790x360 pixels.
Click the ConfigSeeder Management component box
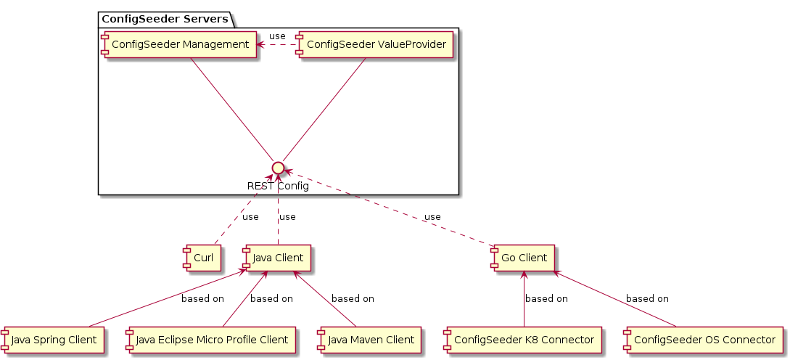(x=178, y=45)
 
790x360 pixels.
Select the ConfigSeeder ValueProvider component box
(x=376, y=45)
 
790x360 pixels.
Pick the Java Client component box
(x=278, y=257)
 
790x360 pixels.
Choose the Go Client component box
(x=522, y=257)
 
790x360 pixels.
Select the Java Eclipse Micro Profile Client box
(x=210, y=339)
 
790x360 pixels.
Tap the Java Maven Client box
(x=369, y=339)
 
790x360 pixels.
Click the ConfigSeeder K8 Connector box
(x=523, y=339)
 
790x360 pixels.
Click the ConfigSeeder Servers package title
(x=164, y=18)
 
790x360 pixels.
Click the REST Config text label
(x=278, y=186)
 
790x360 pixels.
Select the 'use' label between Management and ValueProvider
(x=277, y=36)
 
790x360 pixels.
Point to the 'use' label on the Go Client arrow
(x=432, y=216)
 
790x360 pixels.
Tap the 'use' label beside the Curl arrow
(x=250, y=216)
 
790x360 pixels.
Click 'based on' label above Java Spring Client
(x=202, y=298)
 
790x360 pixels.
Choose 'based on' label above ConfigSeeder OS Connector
(x=647, y=298)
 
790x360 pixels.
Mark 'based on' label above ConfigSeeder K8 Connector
(x=546, y=298)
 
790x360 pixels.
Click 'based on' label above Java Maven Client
(x=353, y=298)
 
